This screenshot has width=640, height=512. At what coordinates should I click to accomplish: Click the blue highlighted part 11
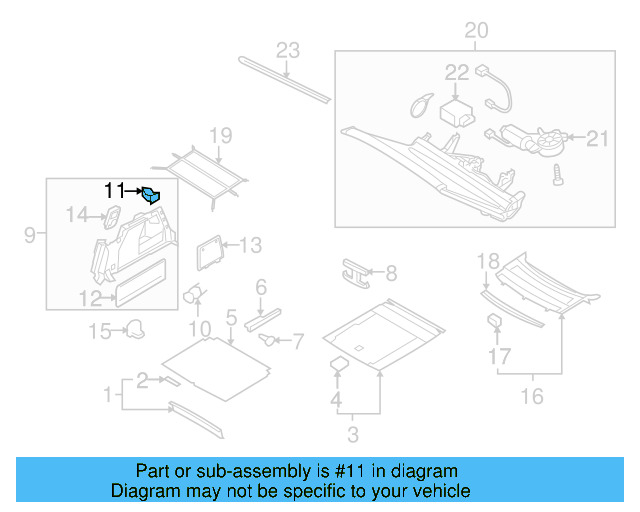[151, 195]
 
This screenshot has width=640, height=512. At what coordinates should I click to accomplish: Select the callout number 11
[115, 190]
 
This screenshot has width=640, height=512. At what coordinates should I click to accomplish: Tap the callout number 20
[476, 31]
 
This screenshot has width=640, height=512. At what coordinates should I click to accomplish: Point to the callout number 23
[288, 51]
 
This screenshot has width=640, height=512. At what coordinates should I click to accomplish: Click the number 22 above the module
[456, 72]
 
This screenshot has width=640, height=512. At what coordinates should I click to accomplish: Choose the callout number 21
[596, 138]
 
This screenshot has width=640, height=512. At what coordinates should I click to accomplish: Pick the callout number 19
[220, 136]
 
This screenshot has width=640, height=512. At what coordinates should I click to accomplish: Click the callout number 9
[30, 235]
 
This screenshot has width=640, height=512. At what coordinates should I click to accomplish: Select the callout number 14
[78, 214]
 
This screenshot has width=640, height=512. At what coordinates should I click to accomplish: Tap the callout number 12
[90, 297]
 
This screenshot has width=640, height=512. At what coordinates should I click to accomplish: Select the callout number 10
[201, 329]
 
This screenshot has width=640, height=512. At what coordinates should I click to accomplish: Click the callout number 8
[391, 272]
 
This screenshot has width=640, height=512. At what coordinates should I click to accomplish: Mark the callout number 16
[531, 396]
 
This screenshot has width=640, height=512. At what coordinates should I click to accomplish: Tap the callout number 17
[499, 355]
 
